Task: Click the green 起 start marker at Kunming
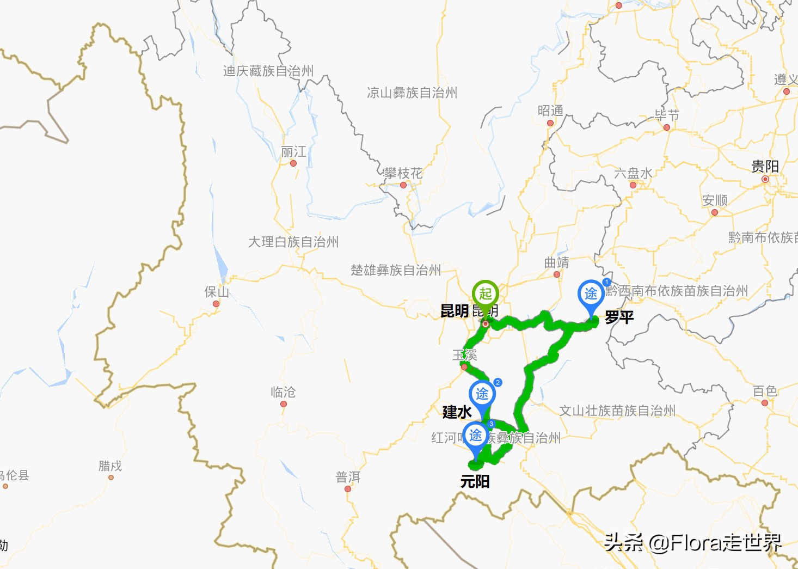[x=485, y=295]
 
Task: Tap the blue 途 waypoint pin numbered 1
[x=591, y=295]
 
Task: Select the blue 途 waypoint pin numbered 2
[x=482, y=394]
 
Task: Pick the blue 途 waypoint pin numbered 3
[x=476, y=436]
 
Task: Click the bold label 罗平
[x=619, y=317]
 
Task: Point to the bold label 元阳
[x=475, y=481]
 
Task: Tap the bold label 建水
[x=457, y=412]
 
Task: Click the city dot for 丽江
[x=293, y=163]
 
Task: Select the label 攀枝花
[x=403, y=174]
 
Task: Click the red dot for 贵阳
[x=765, y=179]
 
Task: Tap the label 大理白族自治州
[x=293, y=242]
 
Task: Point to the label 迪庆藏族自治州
[x=268, y=71]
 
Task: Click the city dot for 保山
[x=216, y=304]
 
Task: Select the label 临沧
[x=283, y=392]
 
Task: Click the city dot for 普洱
[x=348, y=489]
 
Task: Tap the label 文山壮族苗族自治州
[x=617, y=411]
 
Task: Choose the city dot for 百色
[x=765, y=403]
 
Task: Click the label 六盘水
[x=633, y=174]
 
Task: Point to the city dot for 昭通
[x=550, y=123]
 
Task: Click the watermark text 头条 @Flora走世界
[x=693, y=542]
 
